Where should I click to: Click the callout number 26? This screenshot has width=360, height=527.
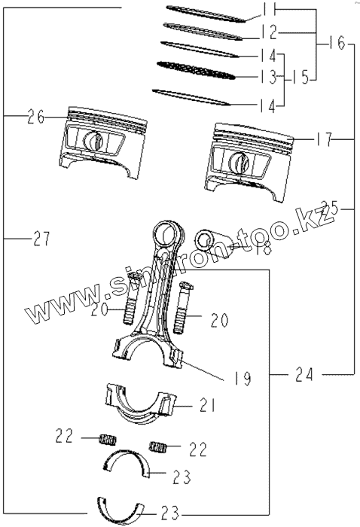[36, 117]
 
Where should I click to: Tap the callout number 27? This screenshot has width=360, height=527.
[41, 239]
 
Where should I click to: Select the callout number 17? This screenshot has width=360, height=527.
[324, 139]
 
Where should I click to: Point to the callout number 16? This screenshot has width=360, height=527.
[337, 43]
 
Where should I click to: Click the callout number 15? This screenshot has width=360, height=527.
[301, 78]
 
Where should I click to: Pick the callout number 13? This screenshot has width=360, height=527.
[269, 77]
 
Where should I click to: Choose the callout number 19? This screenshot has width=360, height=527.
[243, 378]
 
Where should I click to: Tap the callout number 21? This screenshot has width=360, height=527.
[206, 405]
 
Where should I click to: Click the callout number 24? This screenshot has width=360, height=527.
[304, 374]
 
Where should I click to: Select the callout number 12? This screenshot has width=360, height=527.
[269, 32]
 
